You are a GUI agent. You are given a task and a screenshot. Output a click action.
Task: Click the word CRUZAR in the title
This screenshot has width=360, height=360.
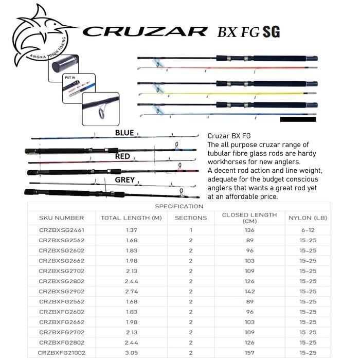point(145,32)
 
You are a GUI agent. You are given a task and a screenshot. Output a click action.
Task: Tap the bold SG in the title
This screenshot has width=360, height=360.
point(271,31)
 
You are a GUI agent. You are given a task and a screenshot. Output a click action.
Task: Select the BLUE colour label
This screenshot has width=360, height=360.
point(124,133)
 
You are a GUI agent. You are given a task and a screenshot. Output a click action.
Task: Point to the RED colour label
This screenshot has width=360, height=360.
point(122,156)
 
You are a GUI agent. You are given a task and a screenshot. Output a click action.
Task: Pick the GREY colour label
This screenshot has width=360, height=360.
point(124,180)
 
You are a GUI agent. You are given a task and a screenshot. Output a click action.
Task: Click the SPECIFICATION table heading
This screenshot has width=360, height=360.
point(179,206)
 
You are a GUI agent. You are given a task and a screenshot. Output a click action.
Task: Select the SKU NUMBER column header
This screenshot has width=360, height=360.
point(61,218)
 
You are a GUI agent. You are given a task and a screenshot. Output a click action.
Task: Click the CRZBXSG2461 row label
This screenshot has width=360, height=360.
point(61,230)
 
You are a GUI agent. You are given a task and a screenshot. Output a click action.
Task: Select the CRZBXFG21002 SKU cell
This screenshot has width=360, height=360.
point(61,353)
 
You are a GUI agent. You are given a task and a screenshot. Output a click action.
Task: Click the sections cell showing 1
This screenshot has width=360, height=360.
point(190,230)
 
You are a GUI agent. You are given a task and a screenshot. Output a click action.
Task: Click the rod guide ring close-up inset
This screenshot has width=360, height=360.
point(100,108)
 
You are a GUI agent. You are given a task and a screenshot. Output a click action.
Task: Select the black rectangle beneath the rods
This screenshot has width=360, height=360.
point(298,119)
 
